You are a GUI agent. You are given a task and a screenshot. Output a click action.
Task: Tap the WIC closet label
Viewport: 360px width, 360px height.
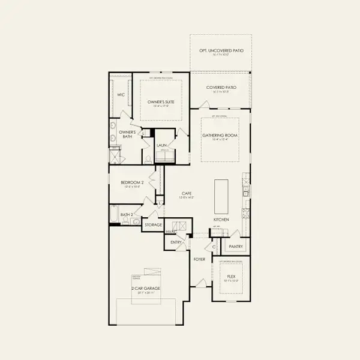[121, 94]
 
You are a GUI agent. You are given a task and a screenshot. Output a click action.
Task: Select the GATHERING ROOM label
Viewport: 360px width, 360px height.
[220, 136]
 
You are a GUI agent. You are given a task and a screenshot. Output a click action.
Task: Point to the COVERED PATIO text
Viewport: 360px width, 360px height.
[221, 88]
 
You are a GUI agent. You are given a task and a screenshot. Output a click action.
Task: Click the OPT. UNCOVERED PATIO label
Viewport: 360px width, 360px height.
[221, 51]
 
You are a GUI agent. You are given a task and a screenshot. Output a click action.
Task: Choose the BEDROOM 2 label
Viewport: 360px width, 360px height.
[132, 182]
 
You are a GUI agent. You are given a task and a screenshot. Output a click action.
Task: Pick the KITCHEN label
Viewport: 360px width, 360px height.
[220, 220]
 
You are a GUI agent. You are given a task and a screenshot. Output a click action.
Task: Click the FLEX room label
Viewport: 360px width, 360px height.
[231, 277]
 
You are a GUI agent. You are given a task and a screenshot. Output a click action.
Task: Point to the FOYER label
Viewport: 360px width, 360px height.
[199, 259]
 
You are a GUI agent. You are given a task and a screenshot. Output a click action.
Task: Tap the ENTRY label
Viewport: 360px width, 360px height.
[176, 242]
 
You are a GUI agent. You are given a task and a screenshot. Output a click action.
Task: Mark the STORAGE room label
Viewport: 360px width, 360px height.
[152, 225]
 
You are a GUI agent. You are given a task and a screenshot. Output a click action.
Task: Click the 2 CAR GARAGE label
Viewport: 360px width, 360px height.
[146, 289]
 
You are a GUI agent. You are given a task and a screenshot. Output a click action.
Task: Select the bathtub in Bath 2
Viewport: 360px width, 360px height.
[115, 214]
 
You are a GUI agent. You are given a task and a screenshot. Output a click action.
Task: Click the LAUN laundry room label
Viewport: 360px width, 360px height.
[161, 145]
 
